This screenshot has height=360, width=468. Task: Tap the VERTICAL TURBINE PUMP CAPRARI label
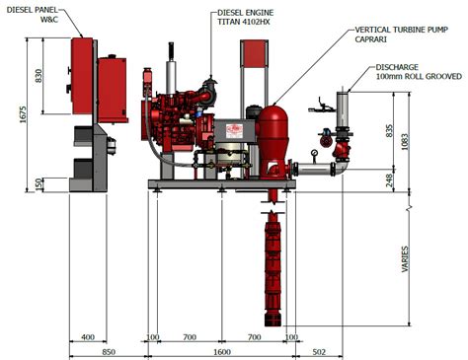(395, 36)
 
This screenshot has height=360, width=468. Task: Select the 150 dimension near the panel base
(37, 184)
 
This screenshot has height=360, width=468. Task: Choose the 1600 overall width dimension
(221, 352)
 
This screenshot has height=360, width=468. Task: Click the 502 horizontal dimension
(319, 352)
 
